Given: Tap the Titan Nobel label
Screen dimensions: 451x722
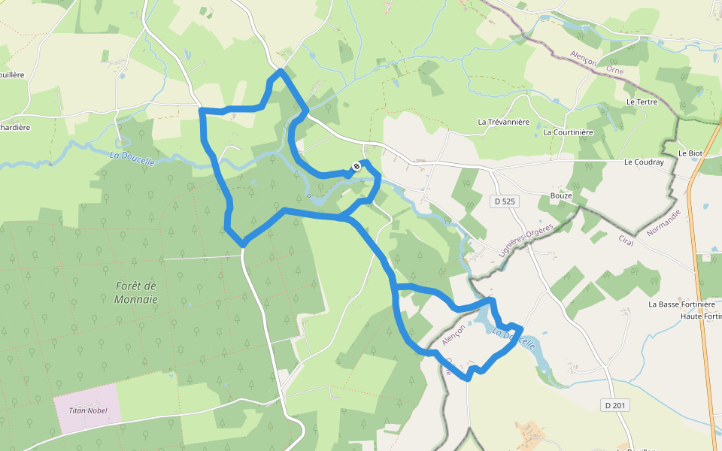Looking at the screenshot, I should click(x=87, y=410).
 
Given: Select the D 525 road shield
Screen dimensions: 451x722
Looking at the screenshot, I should click(x=505, y=201).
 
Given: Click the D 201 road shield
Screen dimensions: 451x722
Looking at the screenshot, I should click(x=614, y=405).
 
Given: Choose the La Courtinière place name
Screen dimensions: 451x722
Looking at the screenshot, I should click(x=568, y=132).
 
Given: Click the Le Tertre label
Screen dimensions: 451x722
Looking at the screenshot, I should click(x=642, y=101).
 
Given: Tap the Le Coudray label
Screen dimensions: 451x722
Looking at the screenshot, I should click(x=644, y=162).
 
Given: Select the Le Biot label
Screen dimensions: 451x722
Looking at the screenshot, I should click(x=690, y=153).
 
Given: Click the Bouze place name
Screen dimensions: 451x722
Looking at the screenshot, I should click(x=561, y=195).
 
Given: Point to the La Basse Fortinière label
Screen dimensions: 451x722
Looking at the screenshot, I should click(x=681, y=304).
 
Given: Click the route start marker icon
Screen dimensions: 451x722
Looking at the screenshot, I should click(x=356, y=166).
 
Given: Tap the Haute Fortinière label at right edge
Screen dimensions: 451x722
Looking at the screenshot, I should click(x=700, y=316).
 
